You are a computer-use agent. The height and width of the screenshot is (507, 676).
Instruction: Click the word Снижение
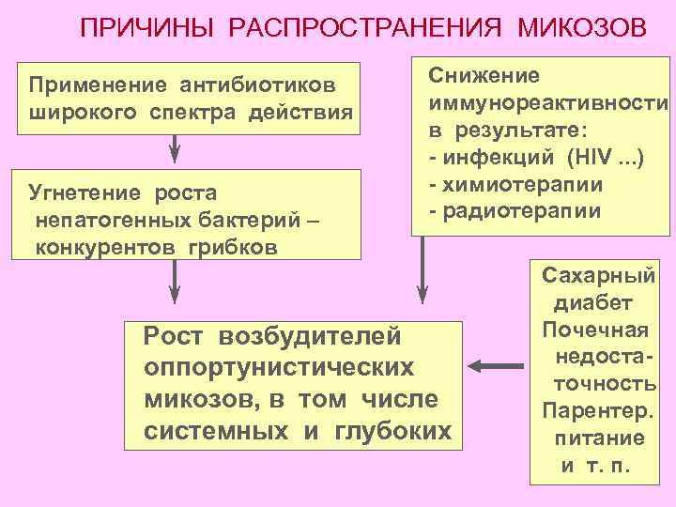pyautogui.click(x=484, y=75)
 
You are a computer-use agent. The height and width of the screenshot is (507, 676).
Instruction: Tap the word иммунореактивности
pyautogui.click(x=548, y=101)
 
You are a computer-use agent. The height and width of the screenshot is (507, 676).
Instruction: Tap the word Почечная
pyautogui.click(x=595, y=330)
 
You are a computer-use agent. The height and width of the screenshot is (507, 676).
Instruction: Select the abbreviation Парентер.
pyautogui.click(x=597, y=411)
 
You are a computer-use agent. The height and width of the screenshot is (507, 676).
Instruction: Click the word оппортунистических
pyautogui.click(x=279, y=366)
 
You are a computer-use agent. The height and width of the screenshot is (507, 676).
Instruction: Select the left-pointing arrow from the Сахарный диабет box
pyautogui.click(x=498, y=364)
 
